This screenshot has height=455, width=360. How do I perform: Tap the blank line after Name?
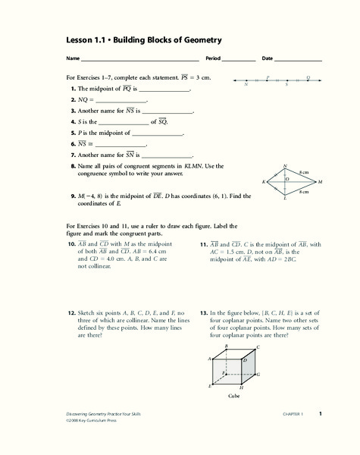point(140,59)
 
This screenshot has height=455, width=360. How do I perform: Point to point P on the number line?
point(268,80)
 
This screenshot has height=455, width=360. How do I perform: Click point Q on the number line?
point(308,80)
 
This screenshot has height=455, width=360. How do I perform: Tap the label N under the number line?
point(247,85)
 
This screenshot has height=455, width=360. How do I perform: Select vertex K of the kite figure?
point(264,182)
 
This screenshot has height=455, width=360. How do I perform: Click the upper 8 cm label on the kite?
point(303,172)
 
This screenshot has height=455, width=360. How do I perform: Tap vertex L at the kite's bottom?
point(284,199)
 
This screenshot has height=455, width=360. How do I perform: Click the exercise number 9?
point(71,196)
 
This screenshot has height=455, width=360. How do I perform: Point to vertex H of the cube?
point(242,387)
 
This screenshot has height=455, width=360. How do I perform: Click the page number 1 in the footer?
point(321,413)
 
